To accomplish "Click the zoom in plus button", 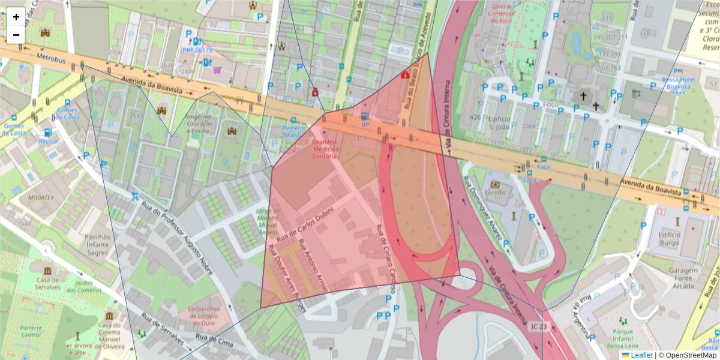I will pos(16,17).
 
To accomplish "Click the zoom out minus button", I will pos(16,35).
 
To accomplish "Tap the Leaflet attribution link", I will pos(642,355).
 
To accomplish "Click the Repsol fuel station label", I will pos(48,142).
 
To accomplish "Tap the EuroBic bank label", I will pos(496,193).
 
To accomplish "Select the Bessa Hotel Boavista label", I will pos(678,83).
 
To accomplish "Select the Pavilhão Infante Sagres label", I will pos(97,245).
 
